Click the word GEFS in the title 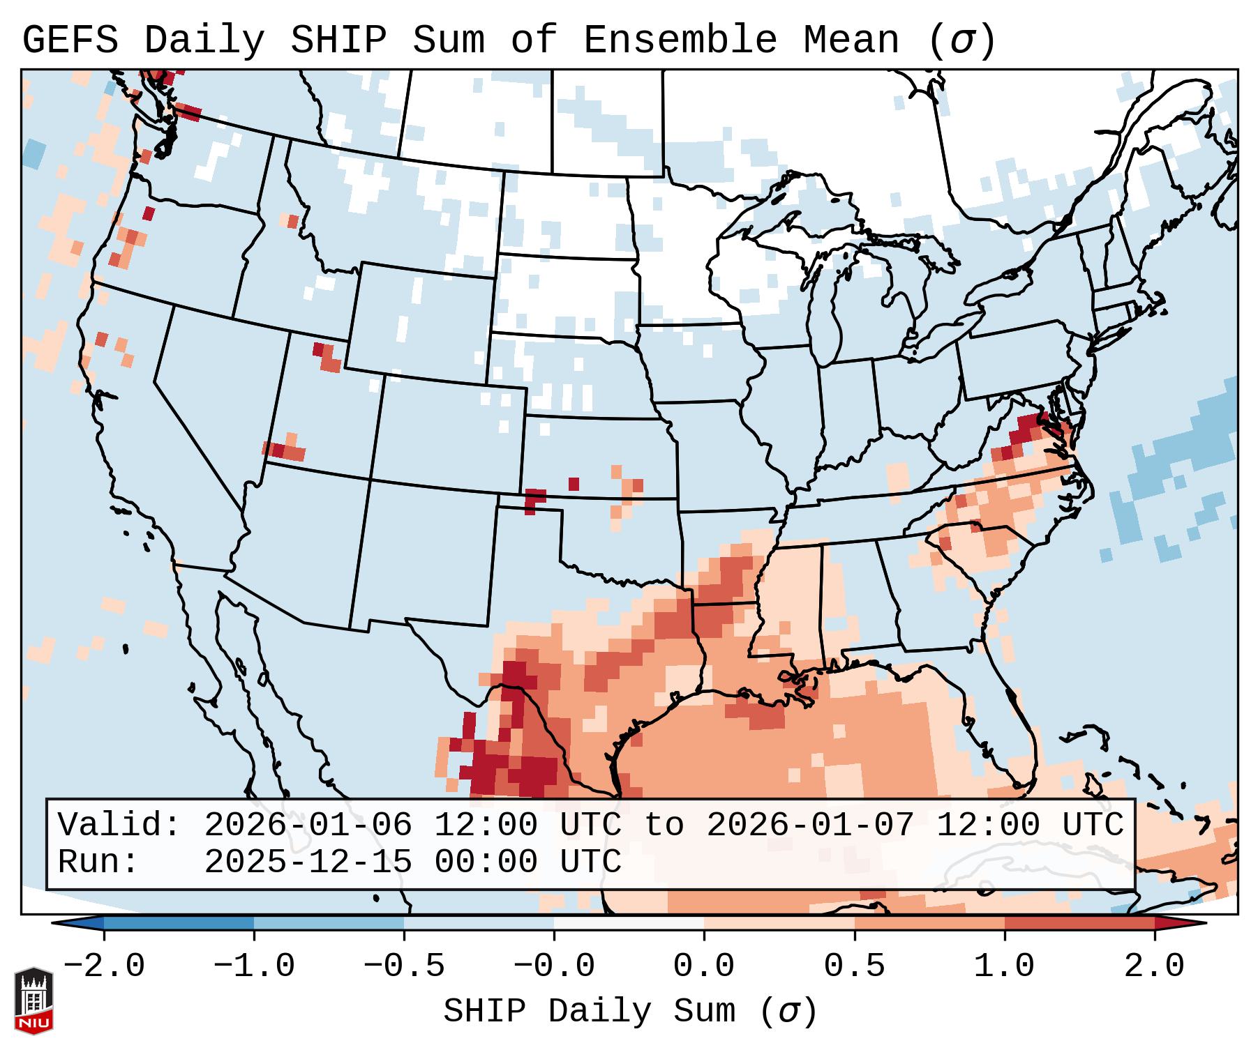pos(70,40)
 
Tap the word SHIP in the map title pos(338,40)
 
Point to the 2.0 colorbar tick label pos(1154,966)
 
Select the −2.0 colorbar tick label pos(103,966)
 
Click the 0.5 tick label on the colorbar pos(854,966)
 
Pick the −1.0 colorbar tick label pos(253,966)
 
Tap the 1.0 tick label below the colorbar pos(1004,966)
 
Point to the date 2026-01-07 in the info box pos(810,825)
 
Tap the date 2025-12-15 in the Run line pos(308,862)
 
